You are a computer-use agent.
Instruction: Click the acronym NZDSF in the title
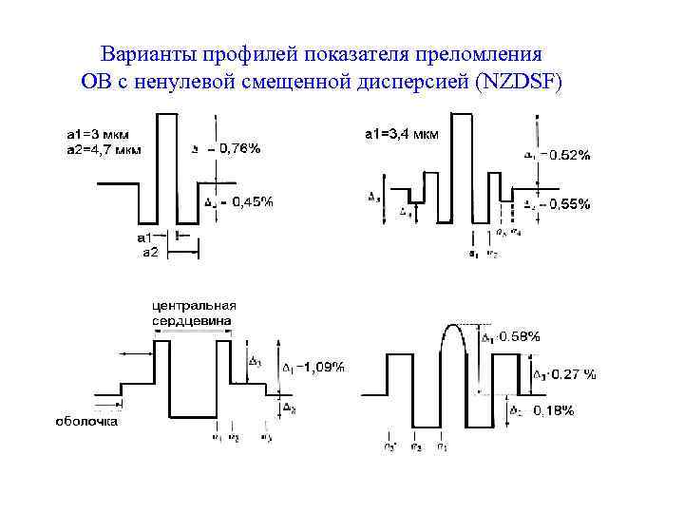click(519, 82)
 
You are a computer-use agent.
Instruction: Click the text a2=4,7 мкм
click(104, 148)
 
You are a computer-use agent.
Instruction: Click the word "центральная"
click(194, 305)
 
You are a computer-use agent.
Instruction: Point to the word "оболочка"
click(86, 421)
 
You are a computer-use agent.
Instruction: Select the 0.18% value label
click(553, 409)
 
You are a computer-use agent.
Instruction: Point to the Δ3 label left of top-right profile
click(373, 197)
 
